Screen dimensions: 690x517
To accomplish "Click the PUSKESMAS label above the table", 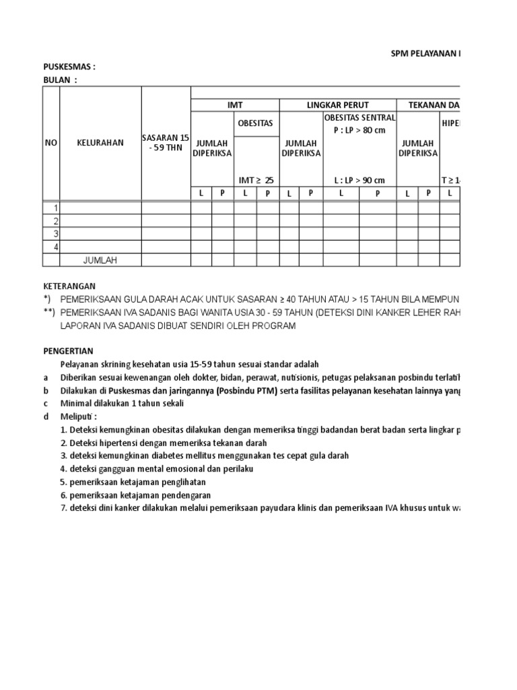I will pos(69,67).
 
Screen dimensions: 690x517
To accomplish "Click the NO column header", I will pos(51,143).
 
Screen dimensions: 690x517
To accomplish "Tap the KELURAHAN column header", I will pos(100,143).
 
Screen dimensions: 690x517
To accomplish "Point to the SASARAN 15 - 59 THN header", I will pos(166,143).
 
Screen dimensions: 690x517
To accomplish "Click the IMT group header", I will pos(235,105).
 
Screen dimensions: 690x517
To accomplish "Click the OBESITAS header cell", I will pos(256,124).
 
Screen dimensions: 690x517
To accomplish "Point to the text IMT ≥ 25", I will pos(256,180).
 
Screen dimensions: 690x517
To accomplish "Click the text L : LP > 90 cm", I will pos(359,180).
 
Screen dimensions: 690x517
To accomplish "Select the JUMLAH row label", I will pos(100,260).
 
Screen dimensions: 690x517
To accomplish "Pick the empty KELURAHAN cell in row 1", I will pos(100,208).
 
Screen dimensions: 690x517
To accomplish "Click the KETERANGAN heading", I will pos(69,286).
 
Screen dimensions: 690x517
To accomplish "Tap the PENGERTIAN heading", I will pos(69,351).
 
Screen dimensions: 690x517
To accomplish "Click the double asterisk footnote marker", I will pos(48,312).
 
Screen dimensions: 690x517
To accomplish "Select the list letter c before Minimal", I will pos(46,403).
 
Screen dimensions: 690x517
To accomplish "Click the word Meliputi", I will pos(77,416).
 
